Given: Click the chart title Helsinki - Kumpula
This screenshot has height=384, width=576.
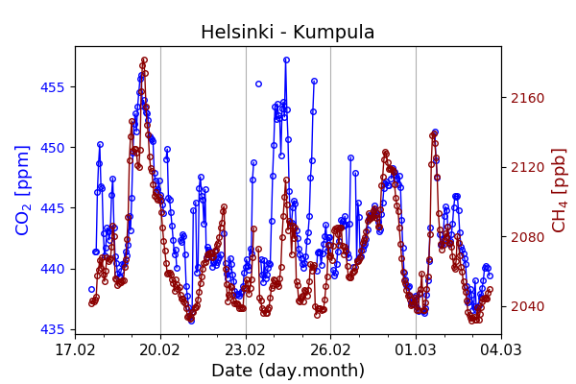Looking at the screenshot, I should coord(288,33).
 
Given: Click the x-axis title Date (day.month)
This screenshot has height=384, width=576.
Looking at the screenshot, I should coord(288,371).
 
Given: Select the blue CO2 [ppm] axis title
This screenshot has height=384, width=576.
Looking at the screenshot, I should coord(24,190).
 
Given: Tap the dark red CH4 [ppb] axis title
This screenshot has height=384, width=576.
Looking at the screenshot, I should coord(559,190).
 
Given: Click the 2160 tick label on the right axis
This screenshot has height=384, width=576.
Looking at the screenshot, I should coord(525,98).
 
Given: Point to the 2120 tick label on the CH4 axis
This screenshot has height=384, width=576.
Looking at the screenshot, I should coord(525,167).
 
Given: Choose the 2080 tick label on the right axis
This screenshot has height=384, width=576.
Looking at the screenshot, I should coord(525,237).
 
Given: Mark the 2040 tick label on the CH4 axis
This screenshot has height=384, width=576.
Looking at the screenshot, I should coord(525,307).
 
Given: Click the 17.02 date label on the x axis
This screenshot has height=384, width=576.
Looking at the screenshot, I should coord(75,349).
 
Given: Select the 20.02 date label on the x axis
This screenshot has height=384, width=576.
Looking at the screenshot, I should coord(160,349).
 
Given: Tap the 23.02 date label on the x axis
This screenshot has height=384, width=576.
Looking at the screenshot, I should coord(246,349).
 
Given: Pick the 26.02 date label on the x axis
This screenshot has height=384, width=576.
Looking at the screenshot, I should coord(330,349).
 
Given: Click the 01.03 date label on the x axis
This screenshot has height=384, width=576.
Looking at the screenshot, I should coord(416,349).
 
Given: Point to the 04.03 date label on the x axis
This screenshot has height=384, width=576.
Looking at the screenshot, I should coord(500,349).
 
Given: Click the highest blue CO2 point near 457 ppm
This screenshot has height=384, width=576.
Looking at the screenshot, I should coord(286,60).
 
